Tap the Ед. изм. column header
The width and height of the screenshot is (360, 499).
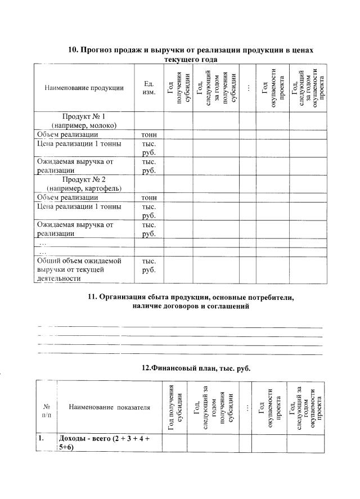(148, 88)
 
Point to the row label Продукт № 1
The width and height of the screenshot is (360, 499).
(84, 116)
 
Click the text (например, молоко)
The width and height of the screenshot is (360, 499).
(84, 125)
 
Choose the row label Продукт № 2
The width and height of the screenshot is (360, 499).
(84, 179)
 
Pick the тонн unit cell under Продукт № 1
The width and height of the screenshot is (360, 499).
(148, 135)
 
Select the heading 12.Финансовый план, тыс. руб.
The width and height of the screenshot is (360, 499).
(195, 368)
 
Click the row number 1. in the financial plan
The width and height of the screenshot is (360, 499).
(42, 438)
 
